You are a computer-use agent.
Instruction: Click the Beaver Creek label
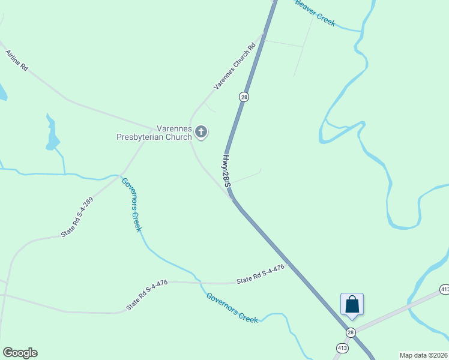pos(315,13)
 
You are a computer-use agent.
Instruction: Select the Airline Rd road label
pos(17,61)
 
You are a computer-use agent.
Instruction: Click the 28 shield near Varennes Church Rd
pos(244,97)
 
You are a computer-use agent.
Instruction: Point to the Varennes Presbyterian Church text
pos(153,132)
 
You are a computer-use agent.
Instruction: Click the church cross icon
pos(201,132)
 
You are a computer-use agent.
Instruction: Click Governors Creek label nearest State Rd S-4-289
pos(131,205)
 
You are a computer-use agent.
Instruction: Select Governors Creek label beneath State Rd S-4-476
pos(232,308)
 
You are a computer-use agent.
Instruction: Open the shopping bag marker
pos(352,304)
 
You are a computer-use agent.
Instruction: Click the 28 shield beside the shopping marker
pos(351,332)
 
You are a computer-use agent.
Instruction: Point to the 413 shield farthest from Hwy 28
pos(444,289)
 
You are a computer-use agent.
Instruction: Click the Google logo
pos(20,353)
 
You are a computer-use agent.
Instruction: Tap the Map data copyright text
pos(423,355)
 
